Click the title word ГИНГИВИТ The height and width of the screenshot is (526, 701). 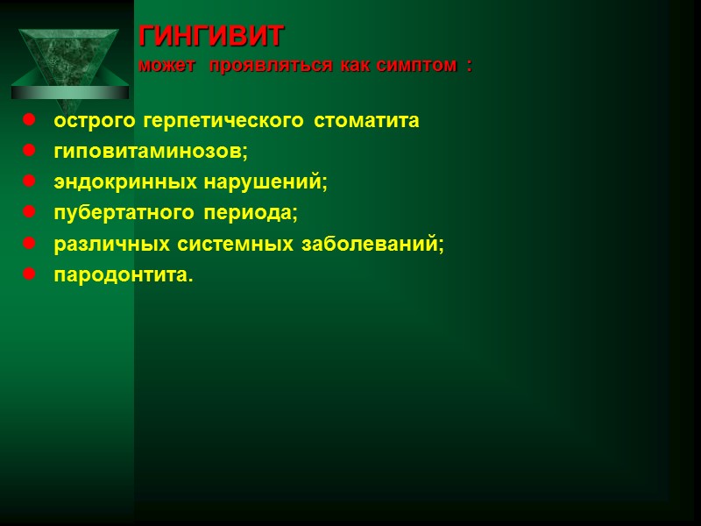(212, 37)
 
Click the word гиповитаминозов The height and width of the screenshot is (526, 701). (151, 152)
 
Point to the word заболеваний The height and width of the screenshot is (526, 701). (372, 244)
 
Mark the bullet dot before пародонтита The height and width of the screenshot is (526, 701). (29, 274)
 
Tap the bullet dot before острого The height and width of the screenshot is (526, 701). (29, 120)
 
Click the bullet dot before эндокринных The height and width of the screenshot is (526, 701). (29, 181)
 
